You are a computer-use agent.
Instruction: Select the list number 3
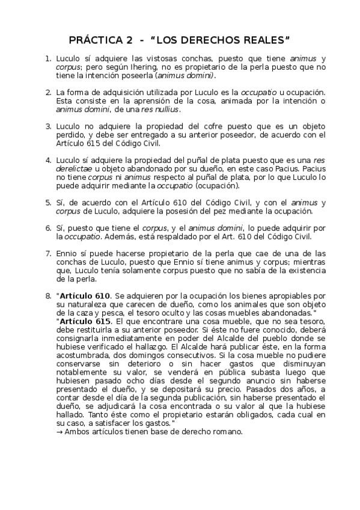48,127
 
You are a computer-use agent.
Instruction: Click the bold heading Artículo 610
85,296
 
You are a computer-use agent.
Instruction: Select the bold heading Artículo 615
85,322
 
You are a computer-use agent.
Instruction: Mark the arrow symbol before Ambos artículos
58,432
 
